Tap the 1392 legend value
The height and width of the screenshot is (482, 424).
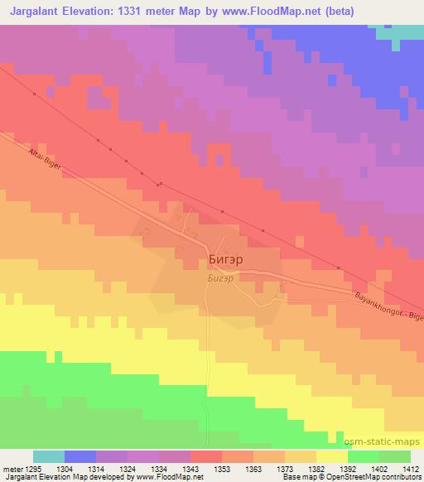coord(348,470)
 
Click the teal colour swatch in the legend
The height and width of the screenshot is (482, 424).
coord(49,456)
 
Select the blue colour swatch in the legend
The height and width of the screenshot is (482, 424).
coord(80,456)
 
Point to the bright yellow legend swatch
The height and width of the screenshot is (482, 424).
coord(331,456)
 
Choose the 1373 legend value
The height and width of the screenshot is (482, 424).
coord(286,470)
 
